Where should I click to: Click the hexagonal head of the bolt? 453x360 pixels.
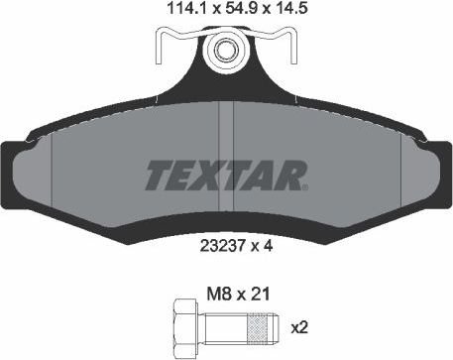(x=180, y=323)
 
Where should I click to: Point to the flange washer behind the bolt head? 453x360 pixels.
(x=196, y=323)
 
